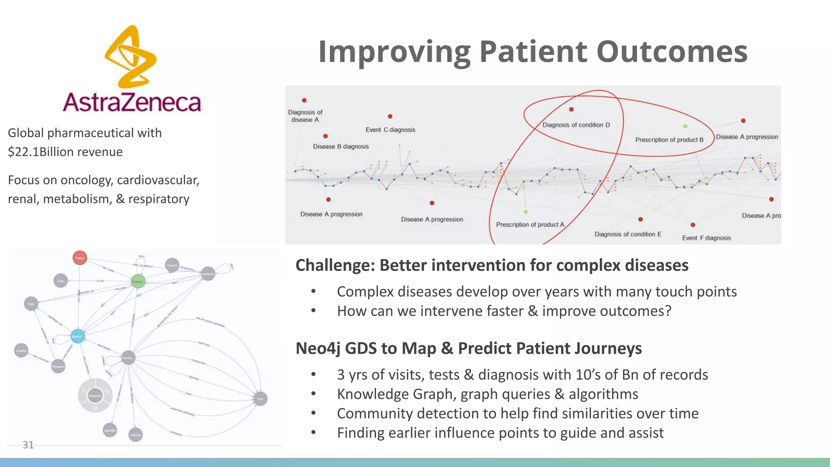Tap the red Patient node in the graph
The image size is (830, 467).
80,258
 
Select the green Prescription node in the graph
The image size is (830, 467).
138,281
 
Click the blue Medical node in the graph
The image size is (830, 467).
77,336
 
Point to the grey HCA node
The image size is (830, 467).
260,399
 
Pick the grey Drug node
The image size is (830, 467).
61,281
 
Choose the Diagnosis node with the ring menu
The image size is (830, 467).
95,396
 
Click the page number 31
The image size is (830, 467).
28,445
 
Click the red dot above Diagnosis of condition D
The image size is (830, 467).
571,109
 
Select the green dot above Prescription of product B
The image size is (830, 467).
685,126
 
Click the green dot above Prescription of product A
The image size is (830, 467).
526,212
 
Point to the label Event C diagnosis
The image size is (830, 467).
390,130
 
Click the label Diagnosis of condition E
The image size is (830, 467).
628,234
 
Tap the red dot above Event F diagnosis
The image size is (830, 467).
693,225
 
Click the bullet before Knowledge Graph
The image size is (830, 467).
313,394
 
